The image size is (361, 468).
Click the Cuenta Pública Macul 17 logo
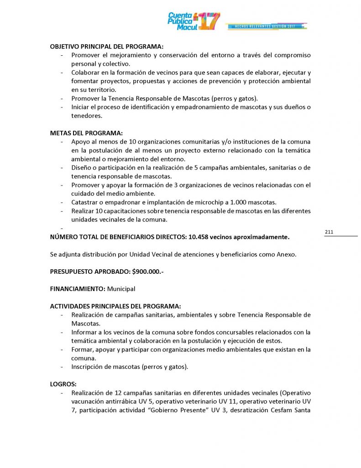point(194,21)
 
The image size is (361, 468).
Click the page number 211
point(329,233)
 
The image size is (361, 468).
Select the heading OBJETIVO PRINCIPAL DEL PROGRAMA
point(106,46)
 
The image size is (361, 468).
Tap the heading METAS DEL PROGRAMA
point(86,133)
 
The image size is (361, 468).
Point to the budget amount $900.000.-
point(148,271)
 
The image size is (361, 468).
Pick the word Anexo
point(288,255)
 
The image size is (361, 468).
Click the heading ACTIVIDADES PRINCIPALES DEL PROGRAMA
point(115,306)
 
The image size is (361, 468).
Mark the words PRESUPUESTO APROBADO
point(90,271)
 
